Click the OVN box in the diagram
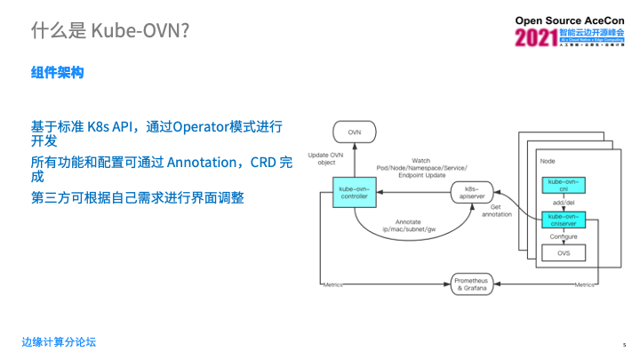coord(355,132)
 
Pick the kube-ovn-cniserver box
coord(564,220)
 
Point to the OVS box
coord(564,253)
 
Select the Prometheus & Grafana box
coord(471,284)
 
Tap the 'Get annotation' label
coord(495,210)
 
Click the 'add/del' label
coord(564,203)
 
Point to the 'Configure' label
coord(564,237)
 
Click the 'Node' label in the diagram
coord(548,162)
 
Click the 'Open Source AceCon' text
coord(575,20)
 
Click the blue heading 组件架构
coord(57,73)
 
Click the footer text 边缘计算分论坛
coord(59,342)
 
